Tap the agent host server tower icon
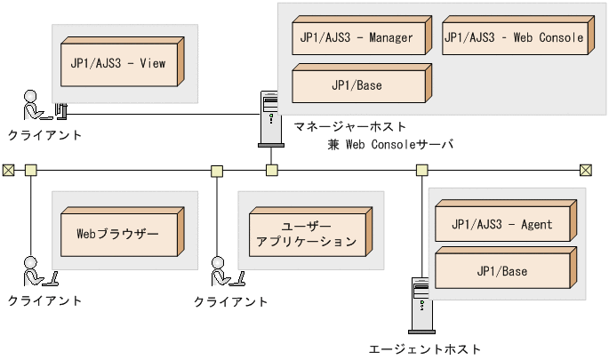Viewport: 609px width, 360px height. pyautogui.click(x=421, y=306)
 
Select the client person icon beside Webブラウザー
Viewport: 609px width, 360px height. pyautogui.click(x=34, y=271)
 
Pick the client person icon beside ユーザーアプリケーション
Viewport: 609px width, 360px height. pyautogui.click(x=220, y=271)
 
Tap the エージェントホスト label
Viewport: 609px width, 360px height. pyautogui.click(x=424, y=349)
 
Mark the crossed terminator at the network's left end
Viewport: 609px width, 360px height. pyautogui.click(x=8, y=170)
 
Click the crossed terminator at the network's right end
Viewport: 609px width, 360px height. pyautogui.click(x=586, y=170)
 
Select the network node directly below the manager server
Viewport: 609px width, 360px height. pyautogui.click(x=272, y=170)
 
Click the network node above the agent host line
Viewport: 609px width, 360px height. pyautogui.click(x=421, y=170)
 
